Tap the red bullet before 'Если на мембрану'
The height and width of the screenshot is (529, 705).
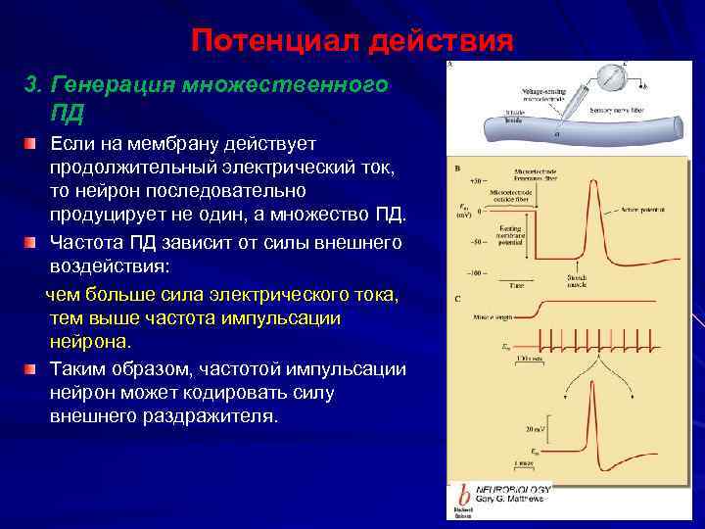(x=32, y=145)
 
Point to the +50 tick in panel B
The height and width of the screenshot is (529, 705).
(x=476, y=182)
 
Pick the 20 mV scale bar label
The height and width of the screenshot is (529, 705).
(x=533, y=428)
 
